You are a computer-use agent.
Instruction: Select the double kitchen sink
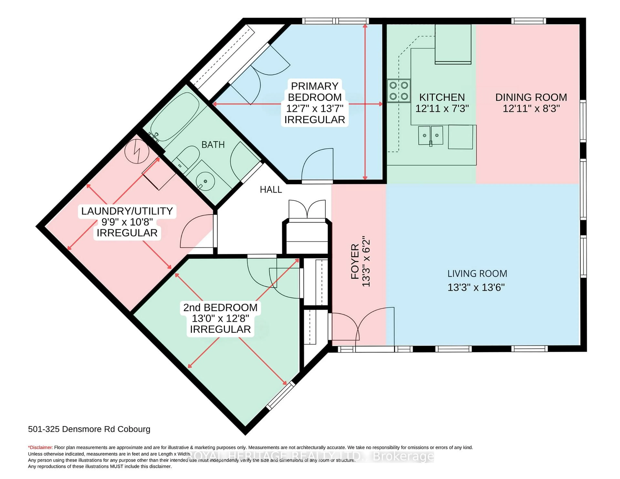click(430, 135)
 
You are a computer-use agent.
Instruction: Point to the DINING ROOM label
click(531, 97)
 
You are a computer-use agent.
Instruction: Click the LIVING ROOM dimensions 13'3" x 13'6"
click(476, 287)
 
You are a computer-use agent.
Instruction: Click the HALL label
click(271, 190)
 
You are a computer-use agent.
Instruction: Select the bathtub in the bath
click(175, 116)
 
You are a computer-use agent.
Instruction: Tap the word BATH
click(213, 145)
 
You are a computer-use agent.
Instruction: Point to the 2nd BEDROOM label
click(220, 307)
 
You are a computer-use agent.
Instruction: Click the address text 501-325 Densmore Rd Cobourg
click(89, 429)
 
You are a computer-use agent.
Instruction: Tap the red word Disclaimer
click(41, 448)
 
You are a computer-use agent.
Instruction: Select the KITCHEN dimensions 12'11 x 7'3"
click(442, 109)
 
